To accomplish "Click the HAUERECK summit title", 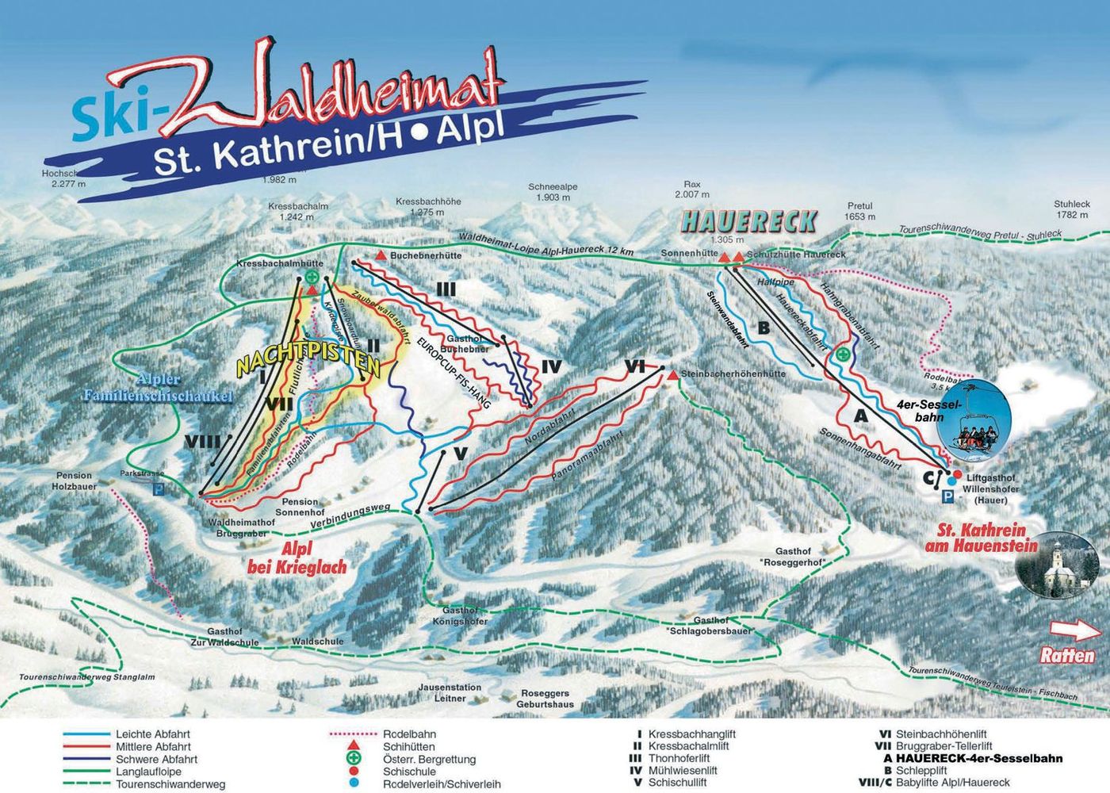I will tap(748, 221).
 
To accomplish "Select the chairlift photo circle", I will tap(974, 426).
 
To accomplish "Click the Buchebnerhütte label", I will tap(425, 256).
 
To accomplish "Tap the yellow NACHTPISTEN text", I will tap(308, 363).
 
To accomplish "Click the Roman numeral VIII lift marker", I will tap(201, 441).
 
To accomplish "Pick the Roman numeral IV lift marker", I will tap(551, 366).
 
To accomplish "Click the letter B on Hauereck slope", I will tap(764, 328).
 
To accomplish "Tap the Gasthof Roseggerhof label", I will tap(800, 557).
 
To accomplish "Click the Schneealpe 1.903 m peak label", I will tap(553, 192).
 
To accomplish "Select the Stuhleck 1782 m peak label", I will tap(1072, 209).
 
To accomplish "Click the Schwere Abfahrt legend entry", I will tap(156, 759).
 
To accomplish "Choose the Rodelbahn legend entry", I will tap(408, 734).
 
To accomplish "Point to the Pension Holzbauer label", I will tap(75, 481).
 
